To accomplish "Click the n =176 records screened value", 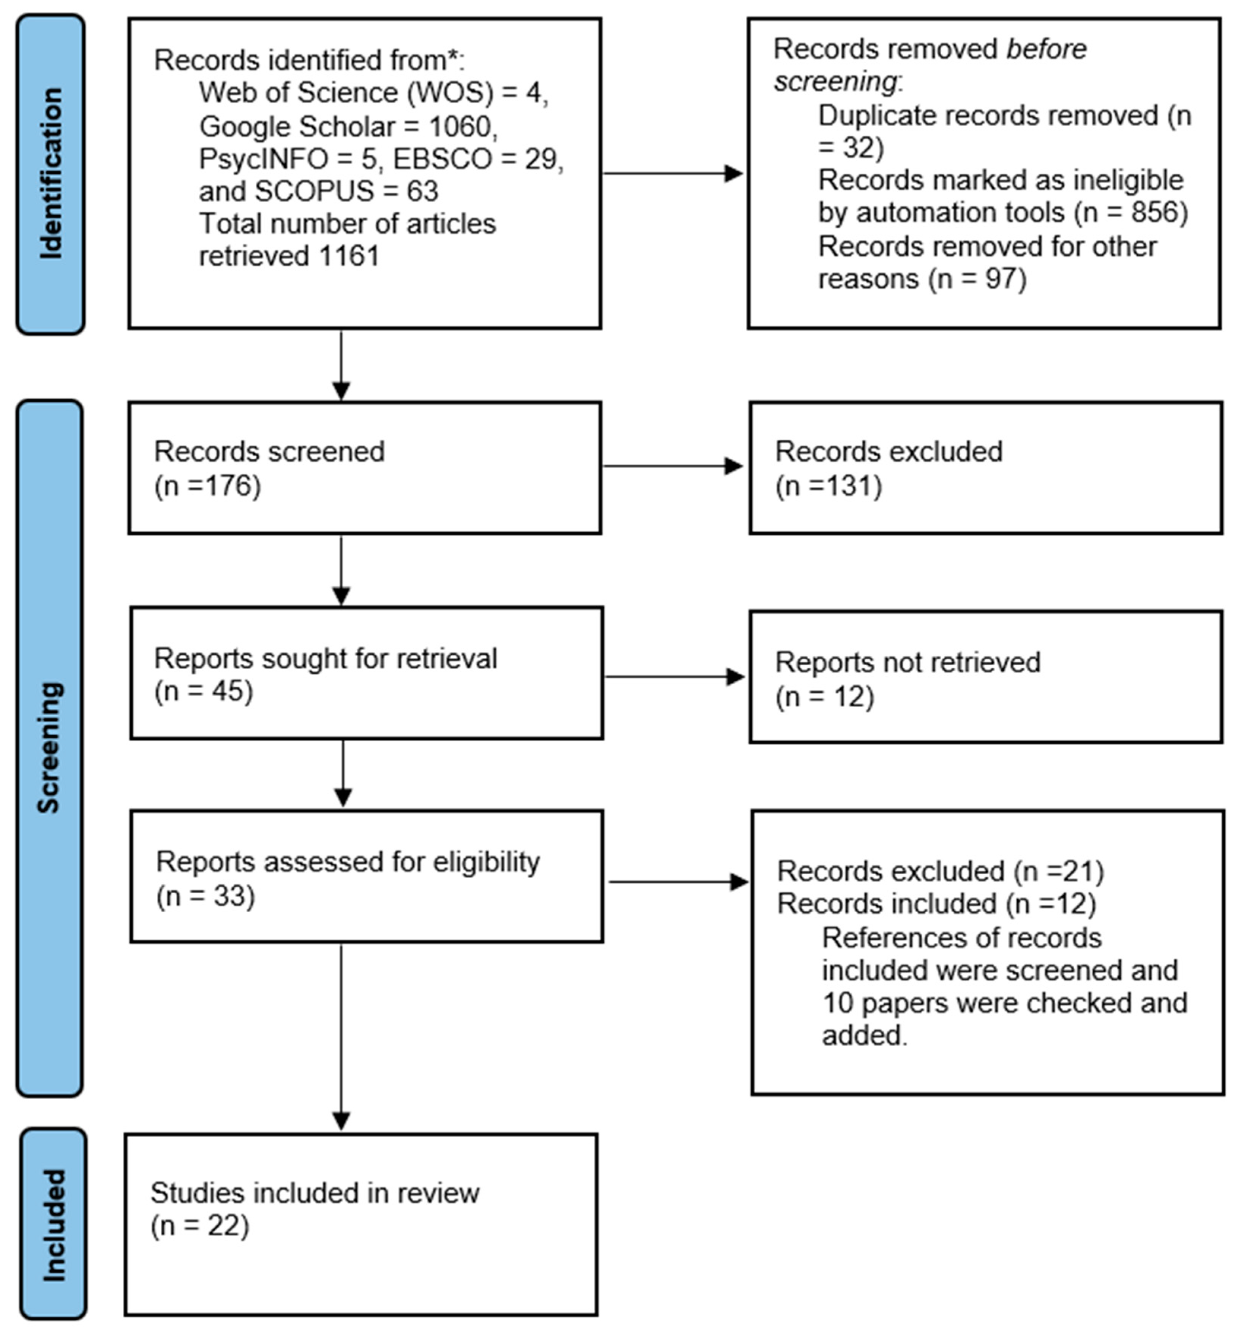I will tap(208, 486).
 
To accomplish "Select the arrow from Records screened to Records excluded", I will tap(673, 466).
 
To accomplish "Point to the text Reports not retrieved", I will tap(908, 663).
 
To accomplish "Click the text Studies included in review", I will tap(315, 1193).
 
